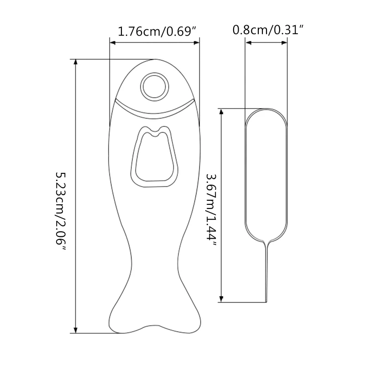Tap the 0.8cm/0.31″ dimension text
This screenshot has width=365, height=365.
pyautogui.click(x=268, y=31)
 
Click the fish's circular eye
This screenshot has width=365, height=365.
pyautogui.click(x=154, y=85)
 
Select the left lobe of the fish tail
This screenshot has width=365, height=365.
pyautogui.click(x=121, y=319)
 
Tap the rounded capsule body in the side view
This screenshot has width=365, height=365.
pyautogui.click(x=266, y=173)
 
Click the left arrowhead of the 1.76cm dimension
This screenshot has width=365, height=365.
pyautogui.click(x=112, y=43)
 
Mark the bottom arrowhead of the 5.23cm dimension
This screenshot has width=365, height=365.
pyautogui.click(x=76, y=330)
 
